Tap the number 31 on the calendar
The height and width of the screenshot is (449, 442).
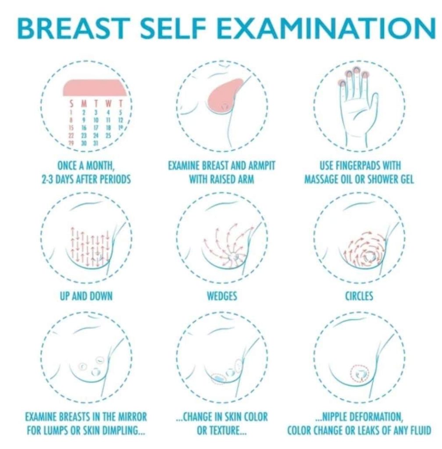(97, 143)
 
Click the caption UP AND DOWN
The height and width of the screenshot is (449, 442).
(86, 296)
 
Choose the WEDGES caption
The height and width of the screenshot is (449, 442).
(222, 296)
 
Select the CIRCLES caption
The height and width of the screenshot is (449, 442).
(359, 296)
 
